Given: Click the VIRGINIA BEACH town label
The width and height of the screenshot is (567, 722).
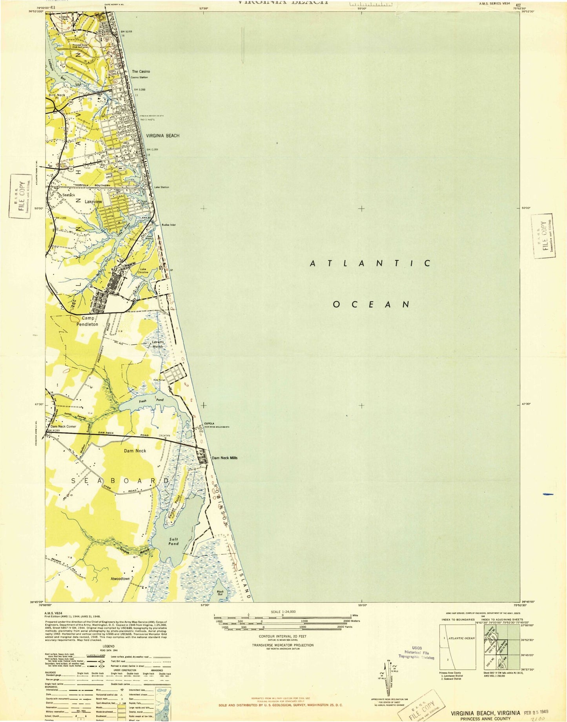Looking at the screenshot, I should (162, 135).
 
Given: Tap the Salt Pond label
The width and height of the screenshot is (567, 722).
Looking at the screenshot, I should (173, 541).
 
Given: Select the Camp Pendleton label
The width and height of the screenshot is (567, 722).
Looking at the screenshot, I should (89, 322).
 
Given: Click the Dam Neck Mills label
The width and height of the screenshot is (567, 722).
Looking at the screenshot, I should (224, 458).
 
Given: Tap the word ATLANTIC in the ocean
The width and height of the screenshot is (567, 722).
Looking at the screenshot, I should (370, 263).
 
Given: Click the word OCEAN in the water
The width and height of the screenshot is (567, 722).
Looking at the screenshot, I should (371, 304).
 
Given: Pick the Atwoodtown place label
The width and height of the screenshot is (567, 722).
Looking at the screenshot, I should (120, 579).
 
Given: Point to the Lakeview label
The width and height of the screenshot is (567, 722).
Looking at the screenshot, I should (93, 201).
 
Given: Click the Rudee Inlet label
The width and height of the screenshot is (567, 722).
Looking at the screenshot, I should (168, 225).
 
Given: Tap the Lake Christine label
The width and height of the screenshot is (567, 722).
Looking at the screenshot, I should (143, 271).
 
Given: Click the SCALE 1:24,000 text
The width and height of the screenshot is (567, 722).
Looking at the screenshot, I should (283, 612).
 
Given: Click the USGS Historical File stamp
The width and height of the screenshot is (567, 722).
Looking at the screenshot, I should (416, 652).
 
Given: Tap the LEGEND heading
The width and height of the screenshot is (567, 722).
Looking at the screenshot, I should (109, 646).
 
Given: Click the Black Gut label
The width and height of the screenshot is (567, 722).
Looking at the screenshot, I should (221, 593).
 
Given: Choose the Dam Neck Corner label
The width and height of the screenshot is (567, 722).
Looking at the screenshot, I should (63, 426).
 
